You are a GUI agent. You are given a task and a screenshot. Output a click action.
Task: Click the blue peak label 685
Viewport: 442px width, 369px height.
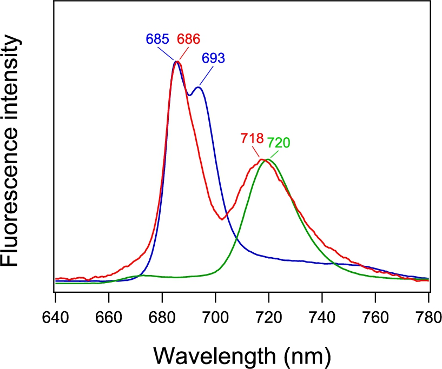[157, 39]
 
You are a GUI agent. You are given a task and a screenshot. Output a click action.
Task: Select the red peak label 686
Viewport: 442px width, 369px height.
[189, 39]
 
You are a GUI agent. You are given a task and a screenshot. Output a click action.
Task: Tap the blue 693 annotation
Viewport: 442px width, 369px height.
[213, 58]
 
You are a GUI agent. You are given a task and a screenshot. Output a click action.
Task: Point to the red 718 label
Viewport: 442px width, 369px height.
[252, 138]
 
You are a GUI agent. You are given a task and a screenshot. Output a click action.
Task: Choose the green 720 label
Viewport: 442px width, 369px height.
[278, 143]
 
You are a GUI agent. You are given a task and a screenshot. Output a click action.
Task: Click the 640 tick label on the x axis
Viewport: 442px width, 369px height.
[55, 318]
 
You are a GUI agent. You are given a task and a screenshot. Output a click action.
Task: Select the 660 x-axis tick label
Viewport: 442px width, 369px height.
[109, 318]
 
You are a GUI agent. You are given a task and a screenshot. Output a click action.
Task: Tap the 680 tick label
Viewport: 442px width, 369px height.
[162, 318]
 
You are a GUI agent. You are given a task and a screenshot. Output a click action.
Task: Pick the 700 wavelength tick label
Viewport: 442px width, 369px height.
[215, 318]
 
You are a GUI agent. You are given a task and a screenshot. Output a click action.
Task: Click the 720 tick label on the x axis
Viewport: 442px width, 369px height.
[269, 318]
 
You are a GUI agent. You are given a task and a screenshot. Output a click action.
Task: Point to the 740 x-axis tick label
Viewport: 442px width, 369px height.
[322, 318]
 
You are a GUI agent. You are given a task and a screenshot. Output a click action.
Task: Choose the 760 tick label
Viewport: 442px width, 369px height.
[375, 318]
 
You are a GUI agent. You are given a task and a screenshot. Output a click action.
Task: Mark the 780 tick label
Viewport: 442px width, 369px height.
[428, 318]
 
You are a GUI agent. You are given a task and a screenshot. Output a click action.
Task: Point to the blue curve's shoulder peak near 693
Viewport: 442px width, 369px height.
[199, 88]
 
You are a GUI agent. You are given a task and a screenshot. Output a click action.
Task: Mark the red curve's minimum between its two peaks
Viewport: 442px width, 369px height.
[222, 219]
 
